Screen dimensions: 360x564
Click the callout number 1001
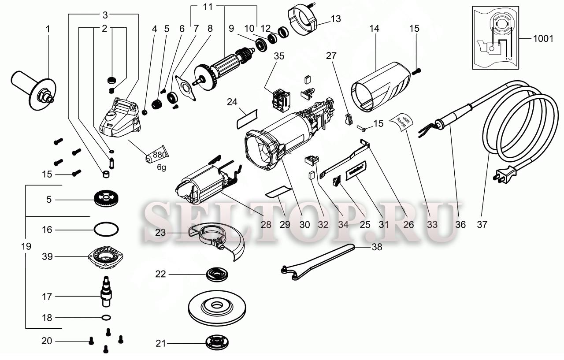pyautogui.click(x=543, y=39)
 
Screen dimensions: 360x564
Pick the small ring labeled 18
pyautogui.click(x=106, y=317)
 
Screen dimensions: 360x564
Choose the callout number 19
pyautogui.click(x=26, y=246)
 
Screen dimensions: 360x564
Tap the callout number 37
pyautogui.click(x=482, y=224)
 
